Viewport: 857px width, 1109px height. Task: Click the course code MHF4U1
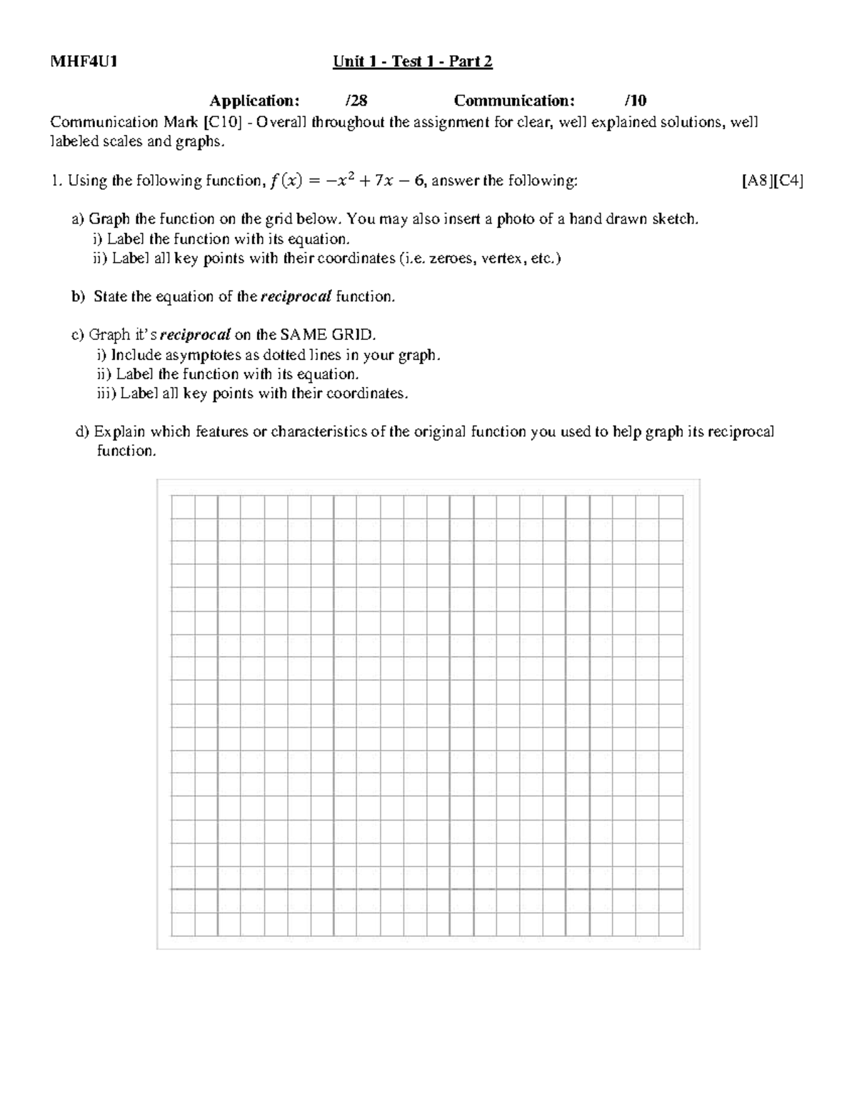pos(84,61)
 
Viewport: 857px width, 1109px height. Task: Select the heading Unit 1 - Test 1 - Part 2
pos(412,61)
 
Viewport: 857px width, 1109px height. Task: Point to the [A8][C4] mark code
pos(773,181)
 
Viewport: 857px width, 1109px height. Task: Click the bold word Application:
pos(254,101)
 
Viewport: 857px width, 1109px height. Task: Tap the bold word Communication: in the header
pos(513,101)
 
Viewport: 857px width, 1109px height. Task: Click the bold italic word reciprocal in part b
pos(296,297)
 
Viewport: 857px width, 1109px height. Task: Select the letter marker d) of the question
pos(82,431)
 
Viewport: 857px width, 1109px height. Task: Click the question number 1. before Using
pos(56,181)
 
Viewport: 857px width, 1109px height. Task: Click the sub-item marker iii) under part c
pos(106,393)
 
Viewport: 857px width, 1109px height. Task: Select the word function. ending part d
pos(126,451)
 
